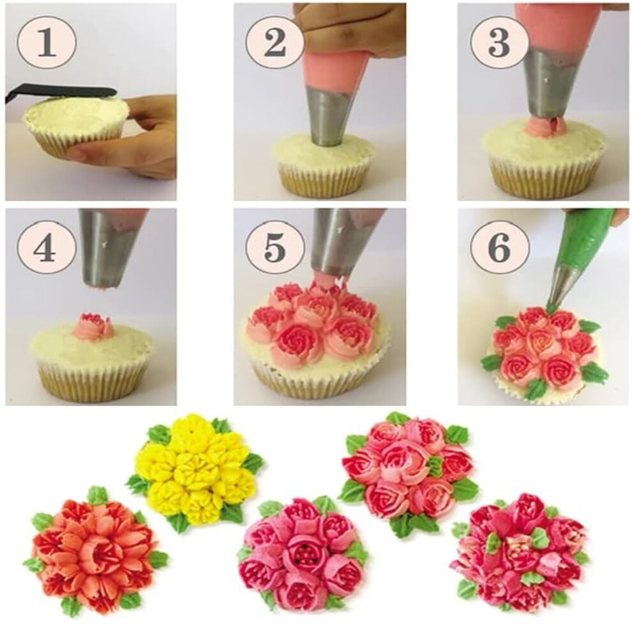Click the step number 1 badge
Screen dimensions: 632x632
(47, 42)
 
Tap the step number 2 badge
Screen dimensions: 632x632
(275, 42)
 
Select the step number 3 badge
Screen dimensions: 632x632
(499, 42)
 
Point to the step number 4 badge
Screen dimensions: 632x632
(47, 246)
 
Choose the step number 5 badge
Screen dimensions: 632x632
(275, 246)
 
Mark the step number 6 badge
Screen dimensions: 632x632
(499, 246)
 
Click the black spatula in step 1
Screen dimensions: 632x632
(61, 91)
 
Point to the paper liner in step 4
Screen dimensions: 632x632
(93, 380)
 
